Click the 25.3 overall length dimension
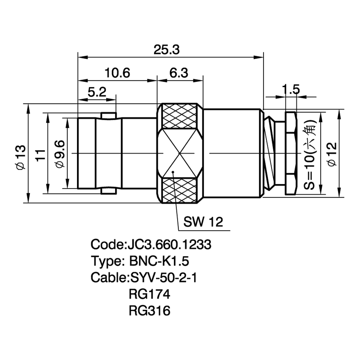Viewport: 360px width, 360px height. click(x=166, y=50)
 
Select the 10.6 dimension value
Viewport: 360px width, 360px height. click(x=117, y=73)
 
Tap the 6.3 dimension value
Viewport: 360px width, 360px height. click(x=179, y=73)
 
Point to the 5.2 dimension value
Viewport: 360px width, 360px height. click(x=97, y=92)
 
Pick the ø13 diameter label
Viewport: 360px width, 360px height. click(x=21, y=157)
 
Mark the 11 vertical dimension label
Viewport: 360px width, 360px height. click(x=40, y=155)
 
